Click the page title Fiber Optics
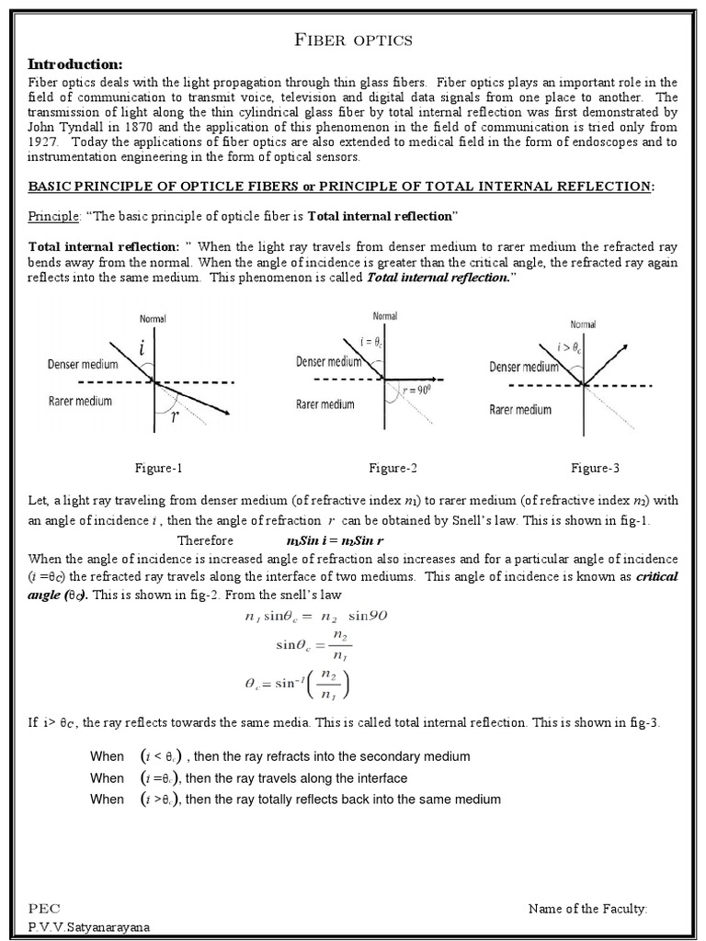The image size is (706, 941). (352, 40)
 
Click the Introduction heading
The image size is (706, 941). (75, 64)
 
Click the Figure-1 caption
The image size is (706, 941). (159, 468)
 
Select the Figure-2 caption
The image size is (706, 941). (393, 468)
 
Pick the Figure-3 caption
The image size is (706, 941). (595, 468)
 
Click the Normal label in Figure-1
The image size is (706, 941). (153, 319)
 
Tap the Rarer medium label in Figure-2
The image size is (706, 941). (325, 404)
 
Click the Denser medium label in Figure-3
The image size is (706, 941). (524, 367)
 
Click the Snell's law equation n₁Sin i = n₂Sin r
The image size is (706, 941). (341, 540)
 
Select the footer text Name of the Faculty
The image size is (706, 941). (587, 908)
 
